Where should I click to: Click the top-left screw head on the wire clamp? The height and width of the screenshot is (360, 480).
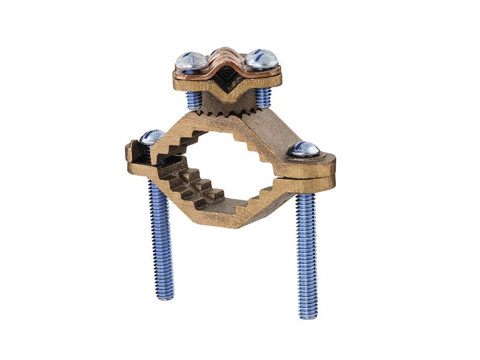coord(191,60)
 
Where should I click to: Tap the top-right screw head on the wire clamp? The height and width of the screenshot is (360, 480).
coord(262,59)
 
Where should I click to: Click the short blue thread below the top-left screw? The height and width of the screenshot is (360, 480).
coord(194,100)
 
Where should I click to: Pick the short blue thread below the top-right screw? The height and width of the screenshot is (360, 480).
coord(263,97)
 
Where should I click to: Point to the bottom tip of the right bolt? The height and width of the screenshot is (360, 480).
coord(308,314)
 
